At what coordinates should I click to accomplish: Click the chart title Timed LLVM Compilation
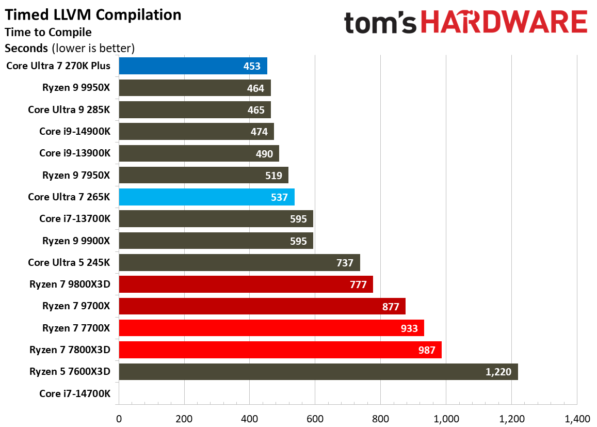coord(93,15)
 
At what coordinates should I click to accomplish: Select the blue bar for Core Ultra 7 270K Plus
coord(192,66)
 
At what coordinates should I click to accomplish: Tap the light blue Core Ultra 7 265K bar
coord(206,197)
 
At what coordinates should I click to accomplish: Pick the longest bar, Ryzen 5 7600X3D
coord(318,372)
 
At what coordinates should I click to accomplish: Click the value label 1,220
coord(498,372)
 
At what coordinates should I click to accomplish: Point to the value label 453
coord(252,66)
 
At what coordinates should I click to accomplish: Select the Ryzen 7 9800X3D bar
coord(246,284)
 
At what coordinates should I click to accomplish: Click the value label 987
coord(427,350)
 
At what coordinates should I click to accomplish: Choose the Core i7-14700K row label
coord(75,393)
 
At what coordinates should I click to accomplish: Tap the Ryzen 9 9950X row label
coord(76,88)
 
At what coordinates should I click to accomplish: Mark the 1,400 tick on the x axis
coord(577,418)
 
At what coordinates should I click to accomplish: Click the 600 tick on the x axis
coord(315,418)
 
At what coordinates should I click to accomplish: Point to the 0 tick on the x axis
coord(119,418)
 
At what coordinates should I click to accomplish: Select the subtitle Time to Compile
coord(48,32)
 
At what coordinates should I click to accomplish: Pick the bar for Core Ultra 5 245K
coord(239,263)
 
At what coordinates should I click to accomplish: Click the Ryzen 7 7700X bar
coord(271,328)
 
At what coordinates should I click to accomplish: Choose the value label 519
coord(273,176)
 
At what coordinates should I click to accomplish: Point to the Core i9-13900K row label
coord(75,153)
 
